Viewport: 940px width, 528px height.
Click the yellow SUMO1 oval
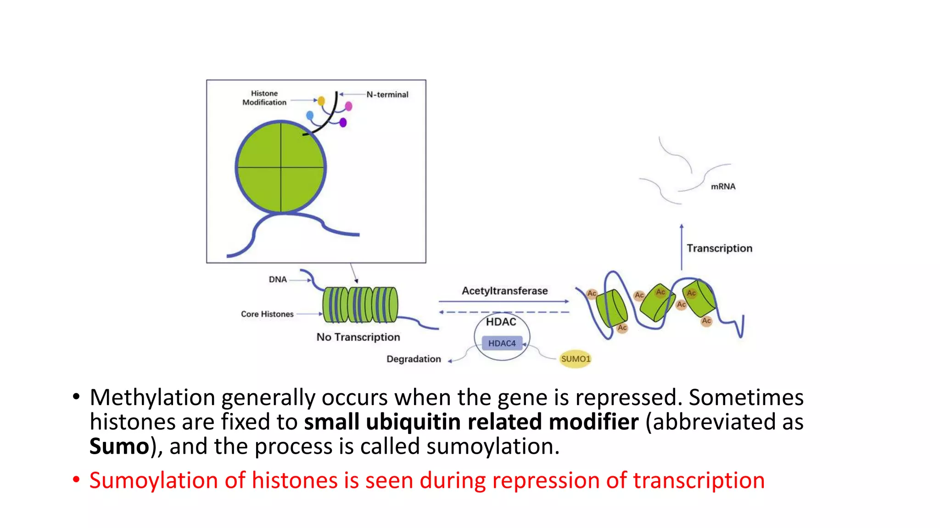point(575,359)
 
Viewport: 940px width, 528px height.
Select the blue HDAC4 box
point(502,343)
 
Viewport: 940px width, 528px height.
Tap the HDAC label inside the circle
point(501,322)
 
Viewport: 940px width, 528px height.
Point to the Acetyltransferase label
point(504,291)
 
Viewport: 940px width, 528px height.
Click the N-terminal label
point(387,94)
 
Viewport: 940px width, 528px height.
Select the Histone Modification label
point(264,98)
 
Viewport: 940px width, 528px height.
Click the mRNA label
point(723,187)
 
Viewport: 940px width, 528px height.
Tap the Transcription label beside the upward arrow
point(719,248)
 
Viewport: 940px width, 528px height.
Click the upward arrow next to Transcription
point(682,247)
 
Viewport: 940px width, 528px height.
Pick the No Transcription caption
point(358,337)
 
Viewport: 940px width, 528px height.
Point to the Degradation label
point(414,359)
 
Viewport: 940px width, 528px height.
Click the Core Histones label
point(267,314)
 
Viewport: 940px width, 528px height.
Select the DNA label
point(278,279)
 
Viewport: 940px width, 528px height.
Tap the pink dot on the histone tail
point(348,106)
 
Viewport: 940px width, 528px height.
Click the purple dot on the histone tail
point(343,122)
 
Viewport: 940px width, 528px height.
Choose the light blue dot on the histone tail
point(310,115)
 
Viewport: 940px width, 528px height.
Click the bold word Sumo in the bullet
point(119,446)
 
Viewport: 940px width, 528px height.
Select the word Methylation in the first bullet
point(152,397)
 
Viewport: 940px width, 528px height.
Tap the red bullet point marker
point(76,480)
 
